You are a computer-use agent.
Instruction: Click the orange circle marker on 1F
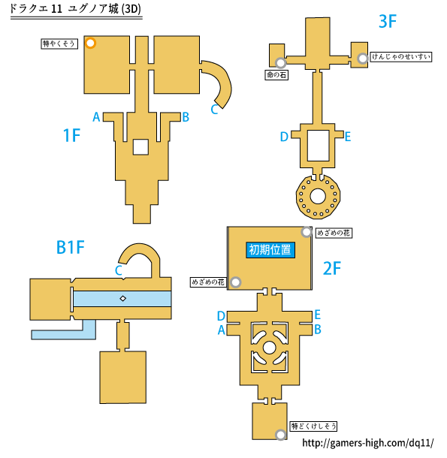pos(91,43)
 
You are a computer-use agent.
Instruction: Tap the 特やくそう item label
pos(59,44)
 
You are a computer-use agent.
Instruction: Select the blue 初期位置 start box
pos(270,250)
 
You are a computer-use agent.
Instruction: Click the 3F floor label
pos(388,21)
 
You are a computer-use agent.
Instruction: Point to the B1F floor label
pos(70,247)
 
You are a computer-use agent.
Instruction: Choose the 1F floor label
pos(71,136)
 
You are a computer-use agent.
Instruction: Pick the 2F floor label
pos(332,269)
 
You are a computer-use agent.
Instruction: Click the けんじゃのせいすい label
pos(401,56)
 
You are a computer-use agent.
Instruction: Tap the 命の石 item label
pos(276,75)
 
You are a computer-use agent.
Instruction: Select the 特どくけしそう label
pos(313,426)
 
